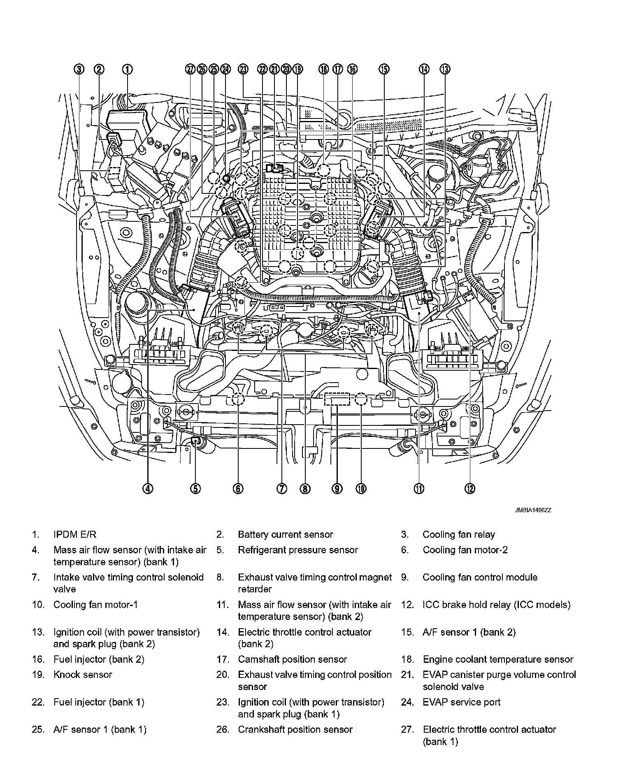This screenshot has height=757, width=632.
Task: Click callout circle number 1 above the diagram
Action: click(128, 70)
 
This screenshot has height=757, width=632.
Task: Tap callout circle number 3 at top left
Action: click(79, 70)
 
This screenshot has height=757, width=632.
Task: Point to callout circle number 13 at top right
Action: click(445, 70)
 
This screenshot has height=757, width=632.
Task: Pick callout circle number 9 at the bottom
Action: click(337, 488)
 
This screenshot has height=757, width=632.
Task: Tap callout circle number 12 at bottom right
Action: click(470, 488)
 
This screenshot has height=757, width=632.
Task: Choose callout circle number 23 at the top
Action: click(243, 70)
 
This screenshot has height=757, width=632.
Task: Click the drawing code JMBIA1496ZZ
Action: click(532, 510)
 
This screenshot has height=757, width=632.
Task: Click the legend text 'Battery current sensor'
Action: click(285, 534)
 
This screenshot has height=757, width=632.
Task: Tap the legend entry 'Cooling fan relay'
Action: click(458, 534)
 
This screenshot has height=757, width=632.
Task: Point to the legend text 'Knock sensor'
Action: click(82, 674)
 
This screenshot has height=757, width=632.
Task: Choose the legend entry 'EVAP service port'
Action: click(461, 702)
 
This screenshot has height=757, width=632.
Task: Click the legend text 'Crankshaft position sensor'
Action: click(295, 729)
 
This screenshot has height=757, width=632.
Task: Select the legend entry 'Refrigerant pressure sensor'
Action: click(298, 550)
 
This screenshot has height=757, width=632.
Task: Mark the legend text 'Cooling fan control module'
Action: click(480, 577)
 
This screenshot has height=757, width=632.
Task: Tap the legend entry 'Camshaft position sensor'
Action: click(292, 659)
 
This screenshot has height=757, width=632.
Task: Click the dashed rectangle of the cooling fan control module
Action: click(337, 399)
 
